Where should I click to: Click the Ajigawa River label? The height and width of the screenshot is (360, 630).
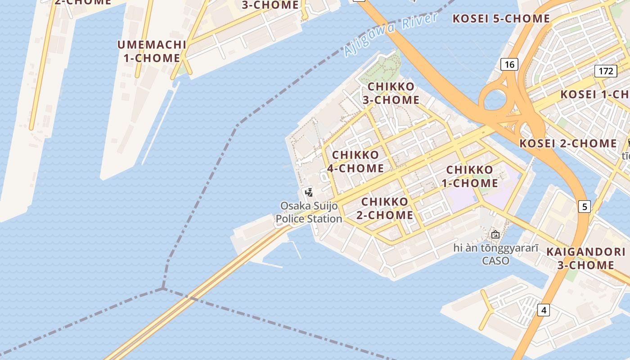tap(390, 35)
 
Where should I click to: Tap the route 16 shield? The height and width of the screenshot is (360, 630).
tap(509, 65)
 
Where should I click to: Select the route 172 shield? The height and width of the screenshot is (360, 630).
tap(606, 71)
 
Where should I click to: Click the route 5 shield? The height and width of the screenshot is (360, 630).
tap(584, 207)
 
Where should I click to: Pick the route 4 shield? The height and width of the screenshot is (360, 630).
tap(544, 310)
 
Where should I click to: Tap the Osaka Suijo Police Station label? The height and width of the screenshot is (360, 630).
tap(309, 212)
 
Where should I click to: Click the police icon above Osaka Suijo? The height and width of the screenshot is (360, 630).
tap(309, 193)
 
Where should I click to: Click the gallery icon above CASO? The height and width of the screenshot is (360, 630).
tap(495, 234)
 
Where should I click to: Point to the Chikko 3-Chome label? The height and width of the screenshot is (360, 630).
tap(391, 93)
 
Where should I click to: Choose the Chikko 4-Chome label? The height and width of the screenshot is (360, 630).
tap(355, 162)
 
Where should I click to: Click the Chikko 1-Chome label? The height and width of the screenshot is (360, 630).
tap(470, 176)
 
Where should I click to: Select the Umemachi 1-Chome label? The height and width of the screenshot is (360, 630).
tap(152, 51)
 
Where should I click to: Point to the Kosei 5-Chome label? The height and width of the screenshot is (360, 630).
tap(501, 19)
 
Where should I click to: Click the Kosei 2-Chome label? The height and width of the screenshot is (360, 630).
tap(568, 144)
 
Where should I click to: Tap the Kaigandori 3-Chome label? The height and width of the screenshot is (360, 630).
tap(586, 258)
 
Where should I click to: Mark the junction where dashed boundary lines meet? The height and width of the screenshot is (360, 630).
tap(163, 288)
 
